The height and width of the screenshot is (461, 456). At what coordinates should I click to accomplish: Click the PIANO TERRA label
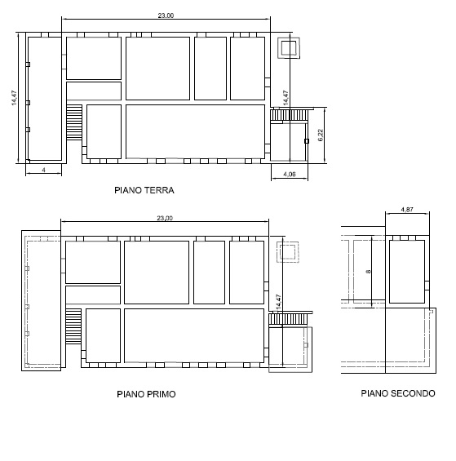(144, 190)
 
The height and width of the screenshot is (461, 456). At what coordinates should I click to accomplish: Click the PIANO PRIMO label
(146, 394)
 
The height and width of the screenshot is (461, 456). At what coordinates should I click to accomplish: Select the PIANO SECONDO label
(398, 393)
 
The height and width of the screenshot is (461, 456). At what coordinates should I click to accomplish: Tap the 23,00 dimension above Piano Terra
(166, 16)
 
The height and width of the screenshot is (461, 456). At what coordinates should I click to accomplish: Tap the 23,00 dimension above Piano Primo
(165, 218)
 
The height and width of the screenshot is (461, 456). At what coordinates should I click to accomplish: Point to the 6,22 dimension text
(321, 135)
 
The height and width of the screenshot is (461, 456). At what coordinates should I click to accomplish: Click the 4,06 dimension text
(290, 175)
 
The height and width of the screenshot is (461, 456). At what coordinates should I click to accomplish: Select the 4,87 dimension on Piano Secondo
(407, 210)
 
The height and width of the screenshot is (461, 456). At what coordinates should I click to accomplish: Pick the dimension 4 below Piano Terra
(43, 170)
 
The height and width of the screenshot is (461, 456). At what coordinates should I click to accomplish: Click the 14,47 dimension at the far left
(14, 98)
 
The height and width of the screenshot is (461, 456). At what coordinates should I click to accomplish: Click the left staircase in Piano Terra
(74, 122)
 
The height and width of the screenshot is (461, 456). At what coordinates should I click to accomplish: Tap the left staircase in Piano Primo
(73, 326)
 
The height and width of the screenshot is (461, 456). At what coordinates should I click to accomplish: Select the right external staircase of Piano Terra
(290, 115)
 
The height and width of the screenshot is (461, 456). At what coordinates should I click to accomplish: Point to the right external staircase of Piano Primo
(288, 319)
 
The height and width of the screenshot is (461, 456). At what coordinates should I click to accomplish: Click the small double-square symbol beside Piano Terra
(289, 48)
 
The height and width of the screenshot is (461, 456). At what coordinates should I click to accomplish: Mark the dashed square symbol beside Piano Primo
(288, 251)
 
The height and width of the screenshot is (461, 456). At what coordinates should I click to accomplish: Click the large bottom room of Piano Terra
(196, 131)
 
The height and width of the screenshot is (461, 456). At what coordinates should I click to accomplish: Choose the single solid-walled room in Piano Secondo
(407, 272)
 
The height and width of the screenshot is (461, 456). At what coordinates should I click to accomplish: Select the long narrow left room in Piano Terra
(45, 99)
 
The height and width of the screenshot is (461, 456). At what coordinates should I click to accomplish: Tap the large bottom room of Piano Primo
(194, 335)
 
